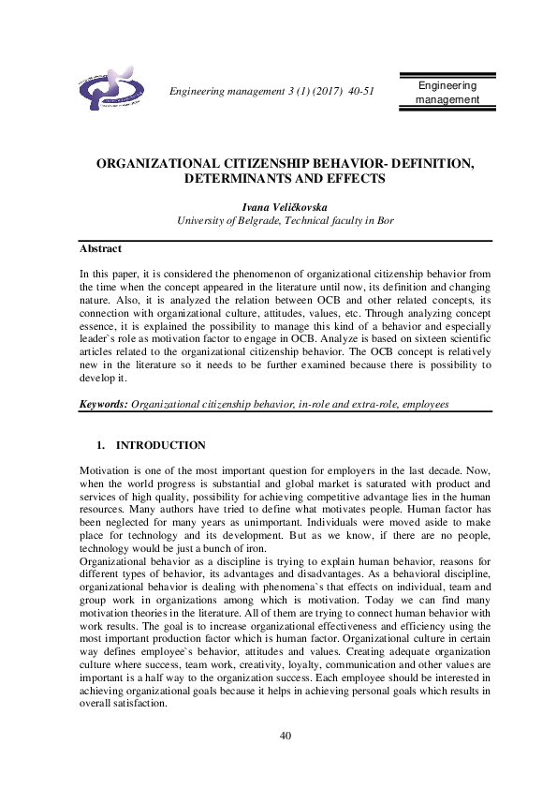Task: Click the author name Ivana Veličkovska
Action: (278, 206)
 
